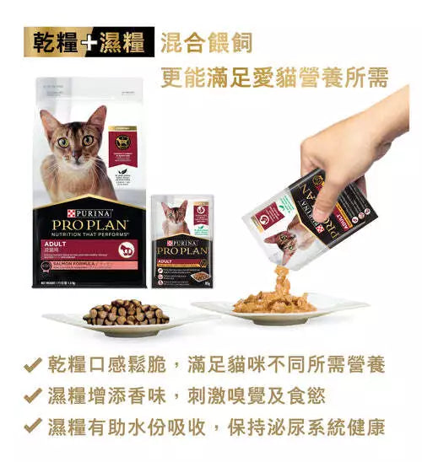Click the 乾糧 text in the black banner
[57, 42]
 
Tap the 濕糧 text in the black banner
[124, 42]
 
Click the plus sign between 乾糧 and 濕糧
[90, 42]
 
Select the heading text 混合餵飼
[207, 42]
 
